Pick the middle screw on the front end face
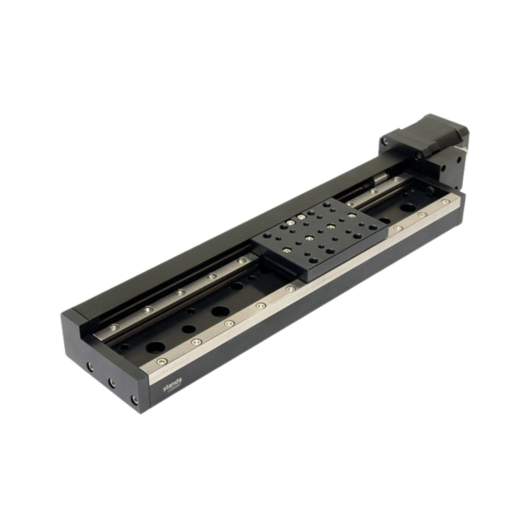coord(110,379)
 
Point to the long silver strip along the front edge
coord(299,291)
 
